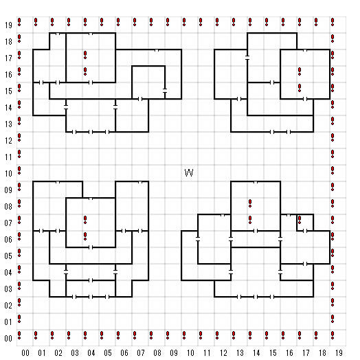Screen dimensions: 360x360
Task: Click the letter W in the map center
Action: tap(189, 172)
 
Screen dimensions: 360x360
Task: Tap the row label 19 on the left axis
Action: tap(8, 25)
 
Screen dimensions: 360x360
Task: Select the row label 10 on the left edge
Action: tap(8, 174)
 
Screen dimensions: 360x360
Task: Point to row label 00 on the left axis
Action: tap(8, 339)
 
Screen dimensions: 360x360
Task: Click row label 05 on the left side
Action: tap(8, 256)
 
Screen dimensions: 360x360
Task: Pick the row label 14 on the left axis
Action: tap(8, 107)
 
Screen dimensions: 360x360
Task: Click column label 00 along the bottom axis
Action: tap(25, 353)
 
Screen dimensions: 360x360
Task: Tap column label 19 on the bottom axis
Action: tap(339, 353)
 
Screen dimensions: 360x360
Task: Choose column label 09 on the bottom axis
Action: tap(174, 353)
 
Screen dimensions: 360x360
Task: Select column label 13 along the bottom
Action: tap(240, 353)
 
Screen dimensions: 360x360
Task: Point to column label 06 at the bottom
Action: tap(124, 353)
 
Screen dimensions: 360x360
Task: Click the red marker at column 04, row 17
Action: tap(85, 55)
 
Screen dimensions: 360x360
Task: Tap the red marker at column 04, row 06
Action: tap(85, 236)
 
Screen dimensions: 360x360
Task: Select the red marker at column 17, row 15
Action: tap(300, 88)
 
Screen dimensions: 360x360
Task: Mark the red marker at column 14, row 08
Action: tap(250, 203)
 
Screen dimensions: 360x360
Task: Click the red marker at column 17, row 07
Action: tap(300, 220)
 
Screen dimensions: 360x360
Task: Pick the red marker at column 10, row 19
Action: tap(184, 22)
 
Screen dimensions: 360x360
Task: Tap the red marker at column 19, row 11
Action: tap(333, 154)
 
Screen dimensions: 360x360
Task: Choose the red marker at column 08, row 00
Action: tap(151, 335)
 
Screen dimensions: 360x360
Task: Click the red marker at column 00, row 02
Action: tap(19, 302)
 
